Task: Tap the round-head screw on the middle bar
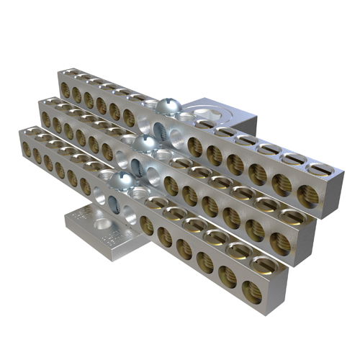(143, 144)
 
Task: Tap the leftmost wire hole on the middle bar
(45, 118)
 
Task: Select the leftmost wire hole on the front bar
(27, 149)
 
